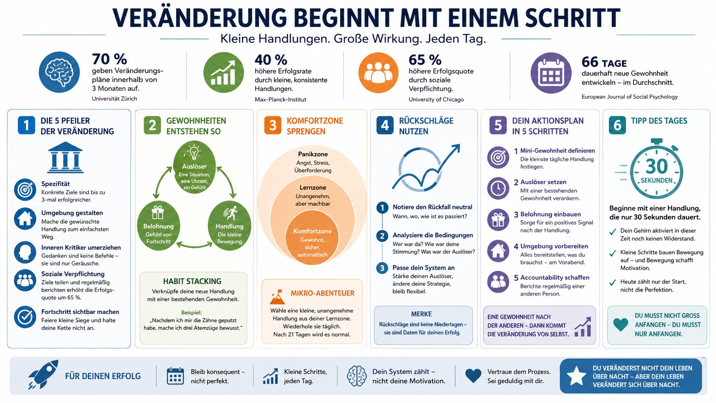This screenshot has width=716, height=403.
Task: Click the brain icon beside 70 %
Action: (x=59, y=72)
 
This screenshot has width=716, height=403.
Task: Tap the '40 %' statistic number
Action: (x=271, y=60)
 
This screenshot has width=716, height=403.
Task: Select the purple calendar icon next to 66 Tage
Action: (x=551, y=73)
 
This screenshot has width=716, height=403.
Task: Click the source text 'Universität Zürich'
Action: (x=114, y=99)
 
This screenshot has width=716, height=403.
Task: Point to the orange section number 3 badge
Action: (x=272, y=126)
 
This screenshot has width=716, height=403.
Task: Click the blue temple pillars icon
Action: (x=65, y=158)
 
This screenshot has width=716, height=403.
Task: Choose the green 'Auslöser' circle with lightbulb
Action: (x=194, y=167)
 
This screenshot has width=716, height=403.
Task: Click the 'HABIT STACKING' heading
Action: (x=192, y=281)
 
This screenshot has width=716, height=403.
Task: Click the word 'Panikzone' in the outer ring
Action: (x=313, y=154)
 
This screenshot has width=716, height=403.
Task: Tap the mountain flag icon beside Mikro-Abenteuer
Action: (x=277, y=296)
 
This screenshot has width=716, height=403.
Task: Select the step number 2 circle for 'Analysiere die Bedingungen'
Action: (x=382, y=236)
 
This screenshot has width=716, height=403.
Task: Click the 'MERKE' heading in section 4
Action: (x=421, y=314)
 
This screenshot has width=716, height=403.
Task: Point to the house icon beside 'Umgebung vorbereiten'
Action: (x=498, y=251)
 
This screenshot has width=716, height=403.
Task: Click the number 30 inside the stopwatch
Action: (x=656, y=166)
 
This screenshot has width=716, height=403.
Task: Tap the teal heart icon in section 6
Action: (x=621, y=324)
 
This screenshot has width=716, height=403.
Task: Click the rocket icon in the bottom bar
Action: (x=43, y=375)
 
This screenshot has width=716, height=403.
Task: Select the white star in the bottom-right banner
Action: (x=576, y=376)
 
